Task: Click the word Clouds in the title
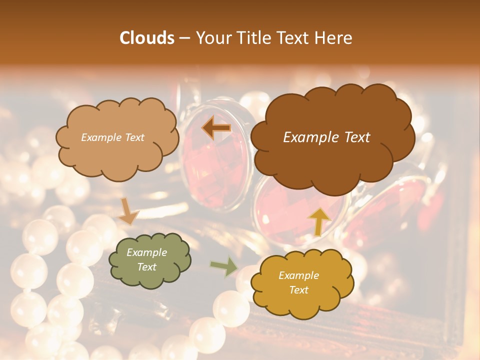tap(147, 38)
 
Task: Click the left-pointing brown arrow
tap(216, 128)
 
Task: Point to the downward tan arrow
tap(127, 211)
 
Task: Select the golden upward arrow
tap(319, 221)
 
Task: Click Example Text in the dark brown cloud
tap(326, 137)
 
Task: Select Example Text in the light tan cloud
tap(113, 137)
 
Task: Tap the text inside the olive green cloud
tap(147, 260)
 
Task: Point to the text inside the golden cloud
tap(298, 282)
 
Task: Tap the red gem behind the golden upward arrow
tap(295, 210)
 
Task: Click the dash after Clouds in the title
tap(184, 38)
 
